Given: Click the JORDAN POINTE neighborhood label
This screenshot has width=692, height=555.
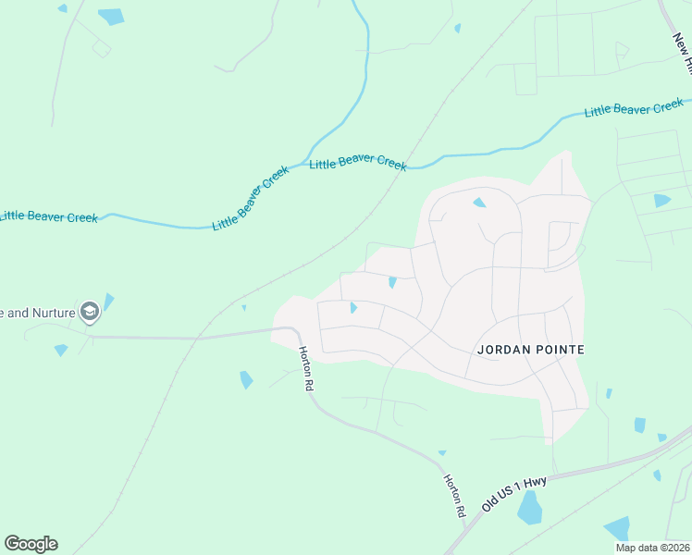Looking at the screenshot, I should (x=532, y=350).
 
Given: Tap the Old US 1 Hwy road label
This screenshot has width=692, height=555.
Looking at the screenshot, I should (x=515, y=494).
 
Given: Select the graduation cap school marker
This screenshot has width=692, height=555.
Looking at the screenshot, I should (x=90, y=312).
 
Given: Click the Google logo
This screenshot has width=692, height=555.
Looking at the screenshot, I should (x=31, y=544).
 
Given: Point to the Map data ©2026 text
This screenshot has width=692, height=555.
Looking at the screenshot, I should (x=652, y=548).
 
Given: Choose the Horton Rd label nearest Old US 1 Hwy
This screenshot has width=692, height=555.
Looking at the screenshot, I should (x=454, y=496).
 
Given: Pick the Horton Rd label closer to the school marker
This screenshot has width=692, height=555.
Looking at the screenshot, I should (x=304, y=369).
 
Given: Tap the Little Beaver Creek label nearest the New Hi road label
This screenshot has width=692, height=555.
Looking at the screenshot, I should (x=634, y=109).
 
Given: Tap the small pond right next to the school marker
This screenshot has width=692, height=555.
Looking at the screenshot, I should (x=108, y=301).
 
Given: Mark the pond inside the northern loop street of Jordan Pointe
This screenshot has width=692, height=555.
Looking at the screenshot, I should (x=479, y=203).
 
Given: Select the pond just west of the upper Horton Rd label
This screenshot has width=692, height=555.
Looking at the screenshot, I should (x=246, y=379).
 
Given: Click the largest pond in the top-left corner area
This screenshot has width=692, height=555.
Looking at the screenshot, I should (x=111, y=16).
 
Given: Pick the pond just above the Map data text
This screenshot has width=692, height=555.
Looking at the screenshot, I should (x=617, y=528).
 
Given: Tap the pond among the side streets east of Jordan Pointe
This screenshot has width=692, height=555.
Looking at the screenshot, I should (x=661, y=200).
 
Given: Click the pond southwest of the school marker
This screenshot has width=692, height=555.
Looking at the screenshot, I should (x=61, y=350).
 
